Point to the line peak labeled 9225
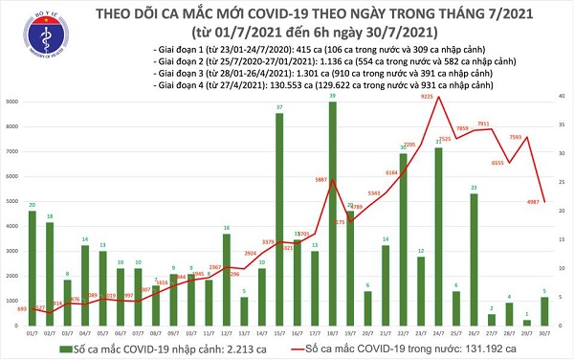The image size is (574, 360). point(439,98)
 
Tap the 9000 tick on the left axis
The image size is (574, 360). point(12,101)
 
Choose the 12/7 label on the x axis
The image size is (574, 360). point(227,331)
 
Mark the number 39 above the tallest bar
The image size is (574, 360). point(332,98)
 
